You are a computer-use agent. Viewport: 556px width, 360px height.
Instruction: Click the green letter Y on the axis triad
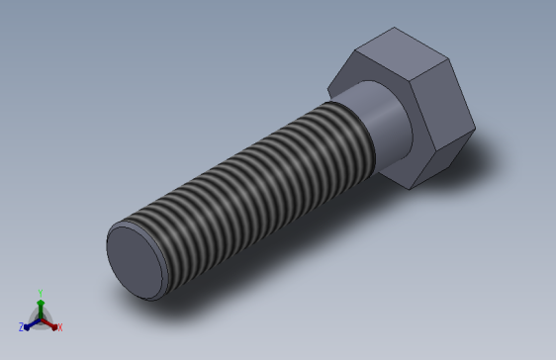[40, 293]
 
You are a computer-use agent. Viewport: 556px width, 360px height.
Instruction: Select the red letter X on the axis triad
[59, 326]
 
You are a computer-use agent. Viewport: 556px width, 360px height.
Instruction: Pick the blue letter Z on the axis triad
[21, 326]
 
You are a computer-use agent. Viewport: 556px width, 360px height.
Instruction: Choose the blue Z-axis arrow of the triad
[30, 322]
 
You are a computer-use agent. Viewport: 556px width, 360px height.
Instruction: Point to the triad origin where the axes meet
[40, 317]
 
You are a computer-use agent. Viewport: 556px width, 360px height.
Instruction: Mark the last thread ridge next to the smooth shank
[366, 134]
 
